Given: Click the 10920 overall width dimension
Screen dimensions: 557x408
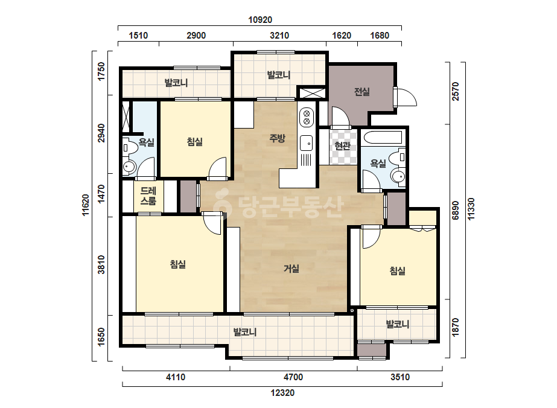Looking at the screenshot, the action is pos(260,19).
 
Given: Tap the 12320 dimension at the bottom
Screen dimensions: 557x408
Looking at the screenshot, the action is pos(282,393).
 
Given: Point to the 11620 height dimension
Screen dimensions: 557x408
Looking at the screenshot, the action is pos(86,205).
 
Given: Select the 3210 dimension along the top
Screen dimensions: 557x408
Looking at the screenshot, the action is pos(279,36).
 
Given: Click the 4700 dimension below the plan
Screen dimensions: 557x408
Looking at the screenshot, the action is pos(293,377).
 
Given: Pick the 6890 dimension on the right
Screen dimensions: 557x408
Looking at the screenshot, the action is pos(456,211).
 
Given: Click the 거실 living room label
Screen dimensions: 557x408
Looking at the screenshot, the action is pos(291,269).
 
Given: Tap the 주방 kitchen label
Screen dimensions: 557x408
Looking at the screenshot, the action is pos(277,138).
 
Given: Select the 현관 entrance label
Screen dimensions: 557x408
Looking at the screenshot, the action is pos(343,145).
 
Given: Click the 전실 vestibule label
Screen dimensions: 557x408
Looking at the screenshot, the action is pos(362,92).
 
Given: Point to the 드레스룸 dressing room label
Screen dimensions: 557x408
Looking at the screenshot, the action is pos(148,196).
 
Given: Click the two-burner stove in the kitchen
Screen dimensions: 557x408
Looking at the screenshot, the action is pos(307,118).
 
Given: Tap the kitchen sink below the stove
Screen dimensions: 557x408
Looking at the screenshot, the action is pos(306,143).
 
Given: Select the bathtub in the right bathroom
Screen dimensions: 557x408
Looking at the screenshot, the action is pos(383,137).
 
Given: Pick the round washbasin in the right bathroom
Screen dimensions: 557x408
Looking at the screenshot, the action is pos(398,176).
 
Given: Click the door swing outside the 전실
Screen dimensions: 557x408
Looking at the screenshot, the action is pos(407,97).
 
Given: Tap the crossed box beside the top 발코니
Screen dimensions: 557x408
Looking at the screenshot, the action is pos(312,93).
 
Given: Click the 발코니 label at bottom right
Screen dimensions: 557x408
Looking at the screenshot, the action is pos(398,324).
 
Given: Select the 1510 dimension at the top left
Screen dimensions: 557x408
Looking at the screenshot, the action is pos(138,36).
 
